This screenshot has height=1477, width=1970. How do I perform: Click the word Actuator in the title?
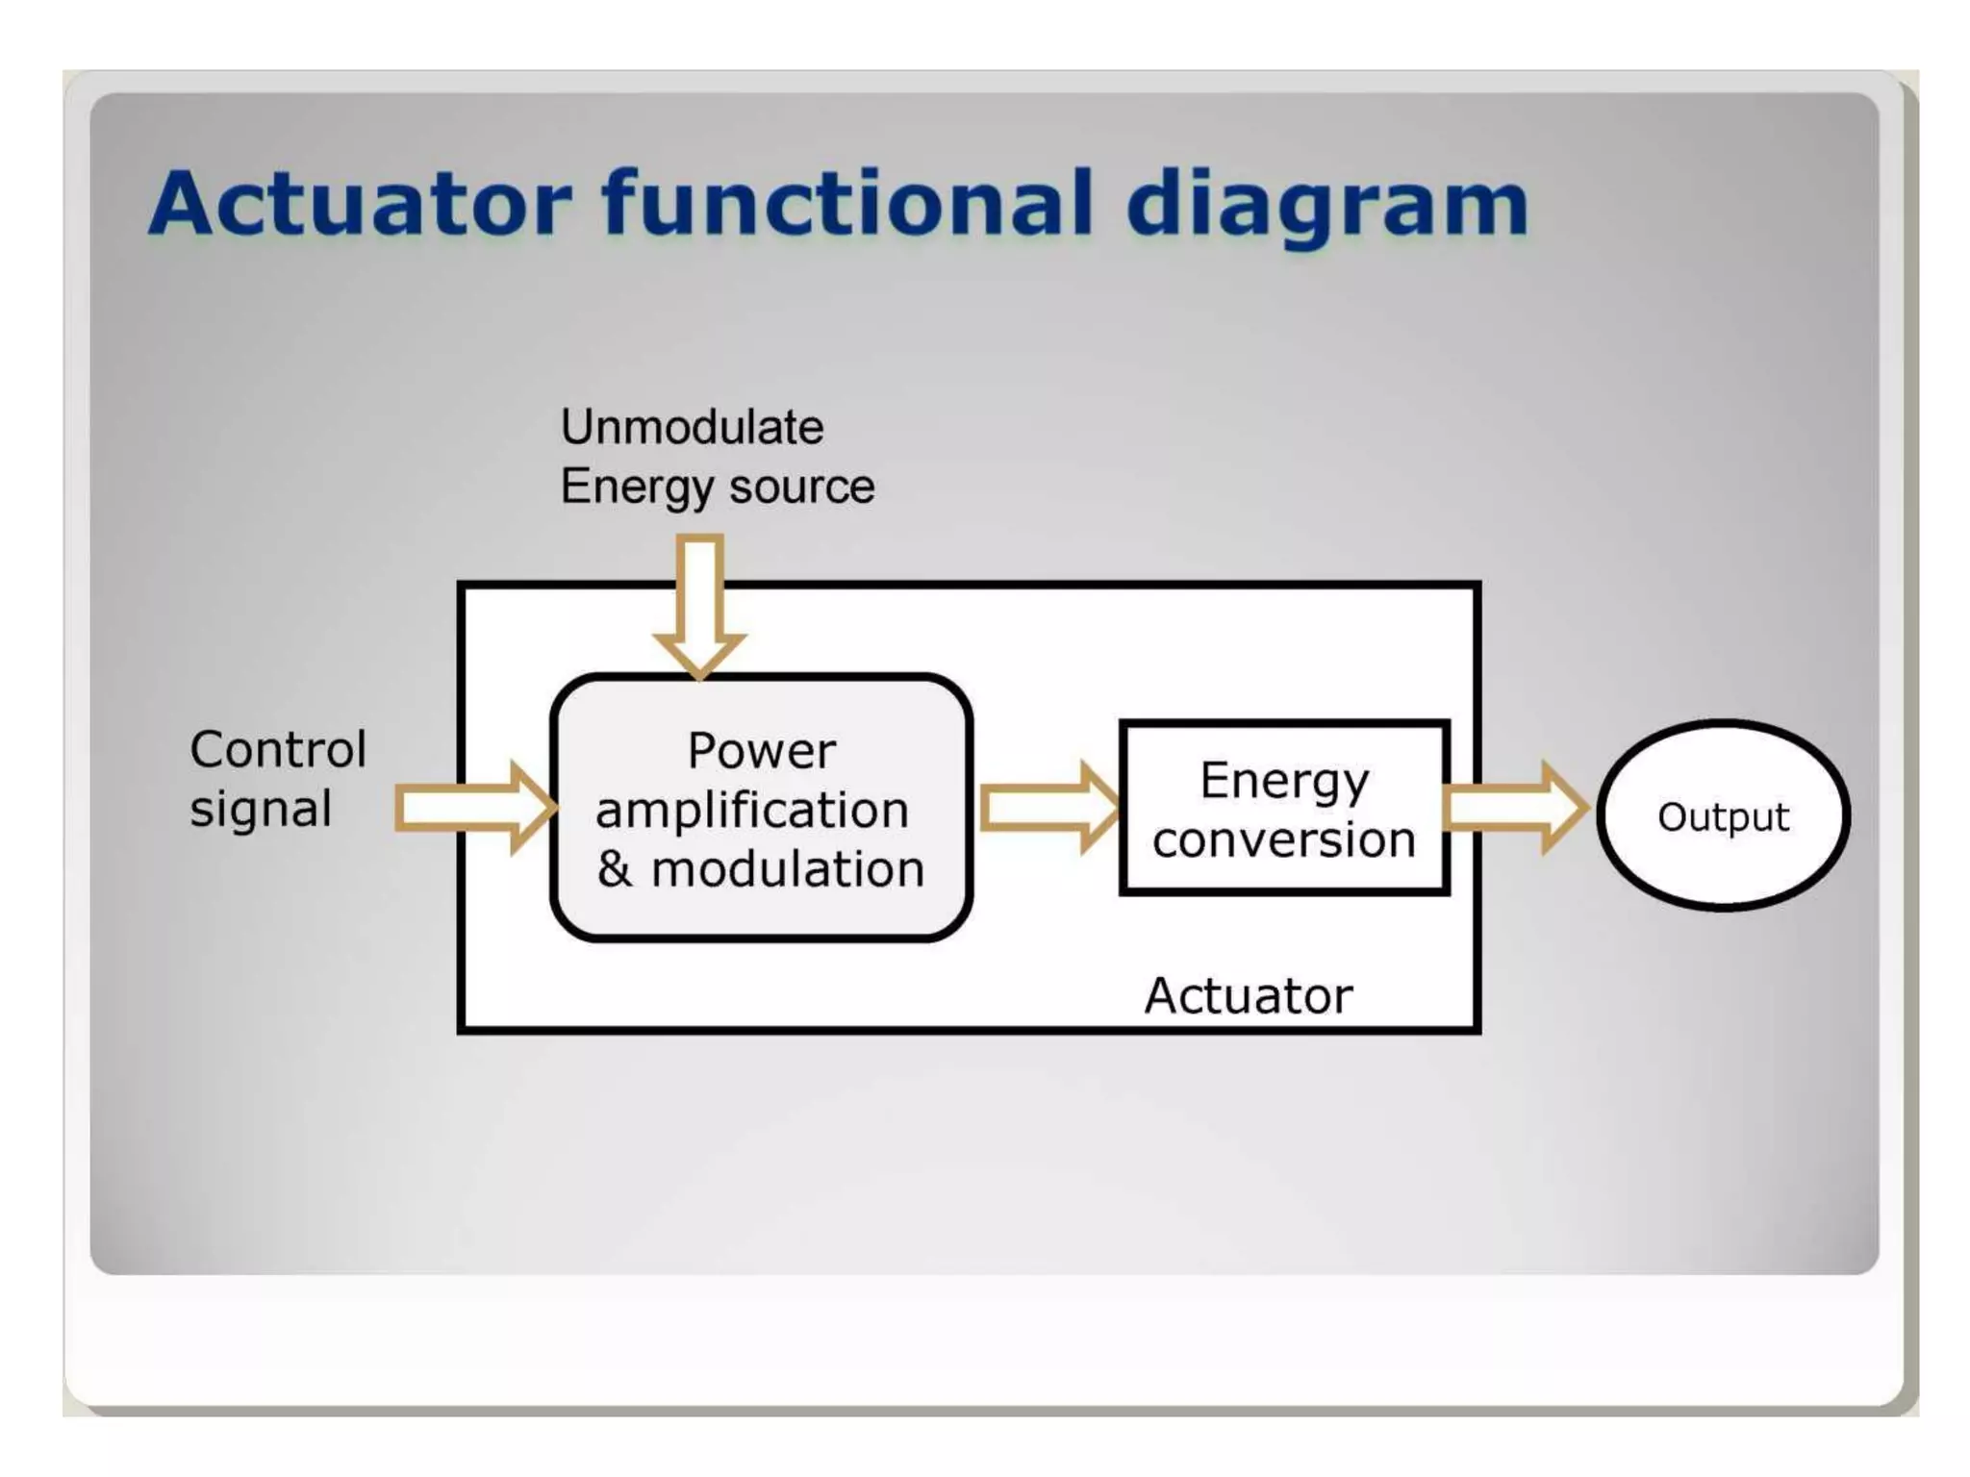(x=361, y=203)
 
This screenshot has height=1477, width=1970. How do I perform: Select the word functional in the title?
(x=847, y=203)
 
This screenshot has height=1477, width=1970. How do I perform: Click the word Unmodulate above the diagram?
(x=692, y=427)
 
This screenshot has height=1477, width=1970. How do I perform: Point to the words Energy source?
(x=718, y=487)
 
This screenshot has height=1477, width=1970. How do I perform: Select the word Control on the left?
(x=278, y=749)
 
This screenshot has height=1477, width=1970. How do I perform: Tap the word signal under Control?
(x=261, y=809)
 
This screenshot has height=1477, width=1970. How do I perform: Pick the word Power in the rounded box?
(x=761, y=751)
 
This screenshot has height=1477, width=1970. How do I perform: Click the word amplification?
(x=752, y=810)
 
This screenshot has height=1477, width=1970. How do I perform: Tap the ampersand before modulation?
(x=615, y=868)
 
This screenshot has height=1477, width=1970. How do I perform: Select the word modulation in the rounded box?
(x=788, y=869)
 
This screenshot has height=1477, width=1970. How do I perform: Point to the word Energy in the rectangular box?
(x=1283, y=781)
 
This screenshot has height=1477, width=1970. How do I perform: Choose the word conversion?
(x=1284, y=839)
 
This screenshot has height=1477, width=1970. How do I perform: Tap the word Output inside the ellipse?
(x=1723, y=817)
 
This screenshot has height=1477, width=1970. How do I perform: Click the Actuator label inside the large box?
(x=1248, y=995)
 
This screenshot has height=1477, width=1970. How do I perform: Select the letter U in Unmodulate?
(x=576, y=427)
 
